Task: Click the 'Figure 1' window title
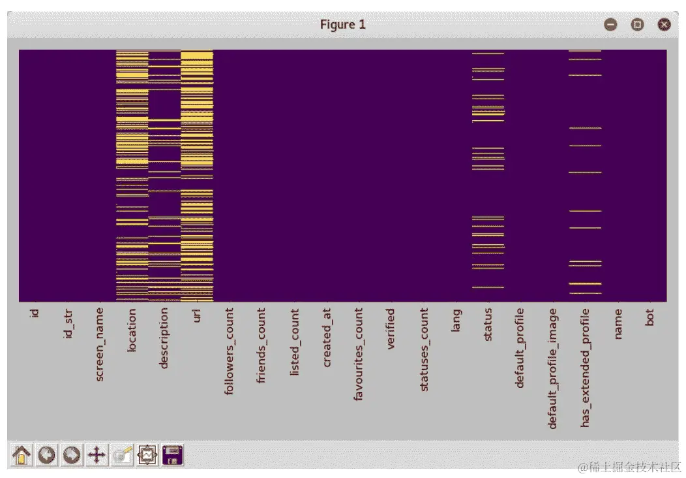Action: tap(342, 25)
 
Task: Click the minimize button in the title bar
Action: tap(610, 25)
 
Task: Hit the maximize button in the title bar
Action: tap(637, 25)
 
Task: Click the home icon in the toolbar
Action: tap(22, 454)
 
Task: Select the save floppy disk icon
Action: tap(173, 454)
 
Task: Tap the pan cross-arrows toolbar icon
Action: tap(97, 454)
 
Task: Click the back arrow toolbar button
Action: tap(46, 454)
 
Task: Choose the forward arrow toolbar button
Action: tap(71, 454)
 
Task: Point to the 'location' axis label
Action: tap(132, 330)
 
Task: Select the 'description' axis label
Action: tap(164, 338)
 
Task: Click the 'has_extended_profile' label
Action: tap(585, 368)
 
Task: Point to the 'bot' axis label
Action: tap(649, 318)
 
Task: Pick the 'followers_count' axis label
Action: tap(229, 351)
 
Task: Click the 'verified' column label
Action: tap(391, 329)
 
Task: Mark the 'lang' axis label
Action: tap(456, 321)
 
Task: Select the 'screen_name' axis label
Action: tap(100, 344)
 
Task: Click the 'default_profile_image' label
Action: tap(552, 368)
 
